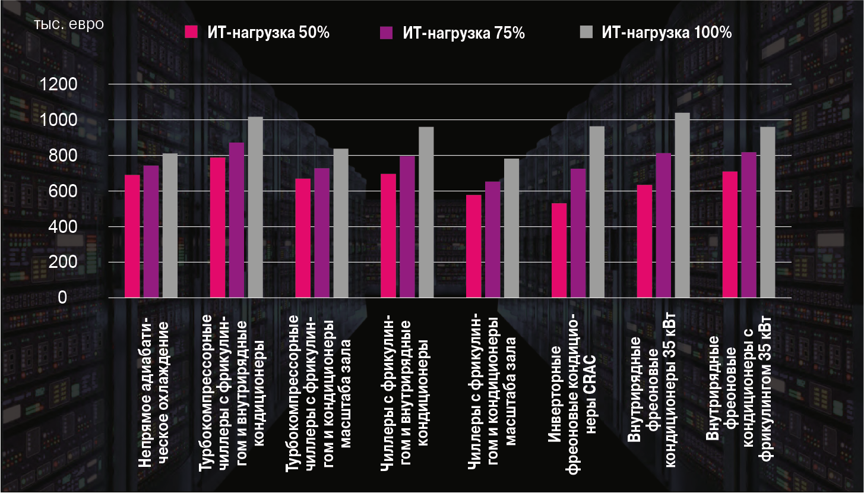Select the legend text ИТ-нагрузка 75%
coord(464,33)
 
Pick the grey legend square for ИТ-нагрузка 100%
coord(585,33)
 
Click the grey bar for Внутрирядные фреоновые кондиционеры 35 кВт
coord(682,205)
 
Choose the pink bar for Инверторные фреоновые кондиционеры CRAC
coord(559,250)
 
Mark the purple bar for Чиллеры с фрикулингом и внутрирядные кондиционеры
coord(407,226)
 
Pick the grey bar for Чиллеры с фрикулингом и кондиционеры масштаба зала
coord(511,228)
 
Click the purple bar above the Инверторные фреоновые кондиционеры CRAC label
coord(578,233)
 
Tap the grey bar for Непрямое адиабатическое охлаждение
coord(170,225)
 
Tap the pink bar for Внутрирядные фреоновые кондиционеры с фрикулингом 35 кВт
coord(730,234)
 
